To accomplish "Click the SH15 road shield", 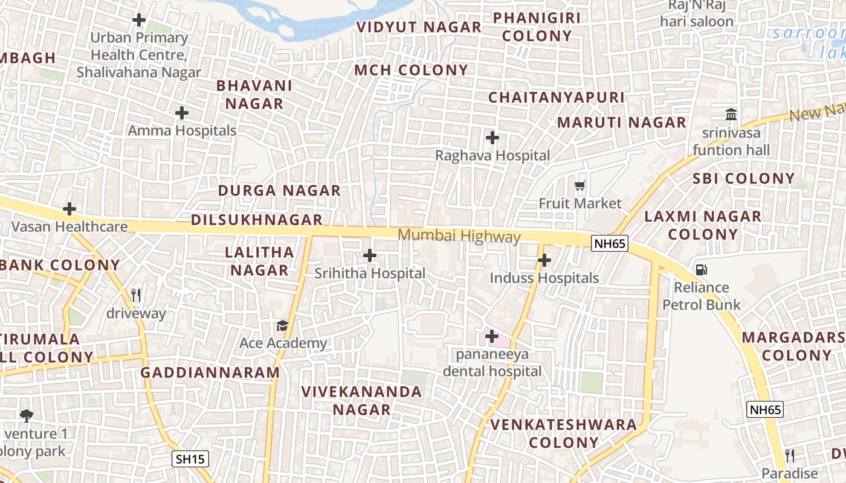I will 191,459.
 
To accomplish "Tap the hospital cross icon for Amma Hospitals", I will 182,113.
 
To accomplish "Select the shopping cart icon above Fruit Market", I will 580,185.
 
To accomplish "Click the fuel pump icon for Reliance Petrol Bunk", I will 701,270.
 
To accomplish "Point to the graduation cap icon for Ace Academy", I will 282,326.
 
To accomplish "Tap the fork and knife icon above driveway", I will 136,295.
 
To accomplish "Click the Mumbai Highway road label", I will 459,237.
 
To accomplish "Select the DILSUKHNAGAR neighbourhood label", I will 257,220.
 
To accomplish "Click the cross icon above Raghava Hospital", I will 492,138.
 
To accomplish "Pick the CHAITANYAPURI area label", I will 556,97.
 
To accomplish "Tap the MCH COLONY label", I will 411,70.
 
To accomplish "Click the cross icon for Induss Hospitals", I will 544,260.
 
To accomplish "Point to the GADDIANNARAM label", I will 210,373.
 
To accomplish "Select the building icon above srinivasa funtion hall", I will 731,114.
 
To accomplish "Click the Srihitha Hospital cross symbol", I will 370,255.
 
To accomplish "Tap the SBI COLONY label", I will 743,178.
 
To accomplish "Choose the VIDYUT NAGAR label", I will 419,27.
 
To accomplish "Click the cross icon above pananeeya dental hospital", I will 492,336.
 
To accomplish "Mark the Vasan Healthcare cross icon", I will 69,210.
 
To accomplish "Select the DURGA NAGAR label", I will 279,191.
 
